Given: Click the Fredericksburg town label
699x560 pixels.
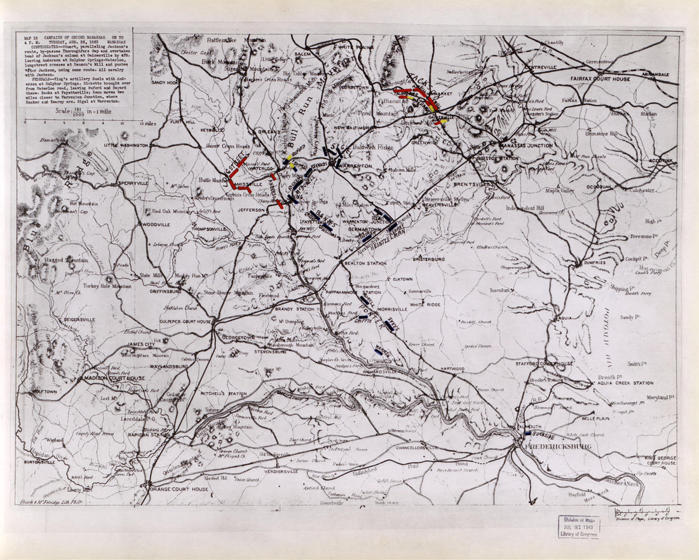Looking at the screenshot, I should (556, 446).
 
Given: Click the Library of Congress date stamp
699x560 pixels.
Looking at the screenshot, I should (579, 526).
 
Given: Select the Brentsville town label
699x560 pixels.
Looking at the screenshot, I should (474, 184).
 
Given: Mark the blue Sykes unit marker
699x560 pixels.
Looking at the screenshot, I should (389, 325).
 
